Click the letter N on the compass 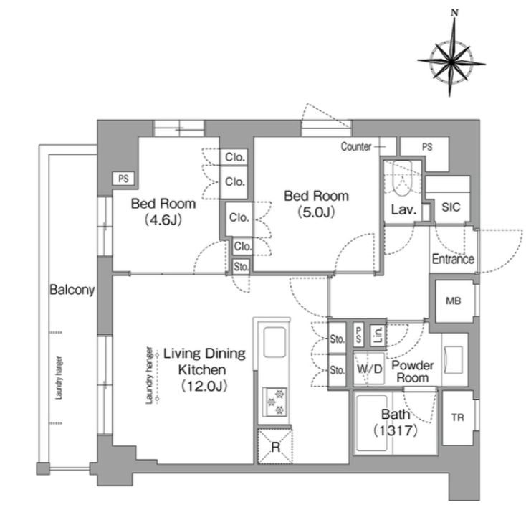coord(454,13)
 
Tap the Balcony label coord(72,290)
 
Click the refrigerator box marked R coord(274,447)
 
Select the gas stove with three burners coord(274,402)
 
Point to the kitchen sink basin coord(274,342)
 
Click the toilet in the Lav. coord(402,179)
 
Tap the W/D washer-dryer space coord(369,369)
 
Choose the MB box coord(454,301)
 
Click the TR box coord(458,417)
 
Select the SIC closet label coord(451,207)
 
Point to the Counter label coord(356,147)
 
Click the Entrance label coord(453,259)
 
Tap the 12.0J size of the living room coord(204,387)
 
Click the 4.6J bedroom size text coord(163,220)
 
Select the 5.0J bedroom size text coord(316,212)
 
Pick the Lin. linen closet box coord(378,335)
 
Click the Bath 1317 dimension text coord(396,430)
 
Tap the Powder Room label coord(413,372)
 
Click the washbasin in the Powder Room coord(453,359)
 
